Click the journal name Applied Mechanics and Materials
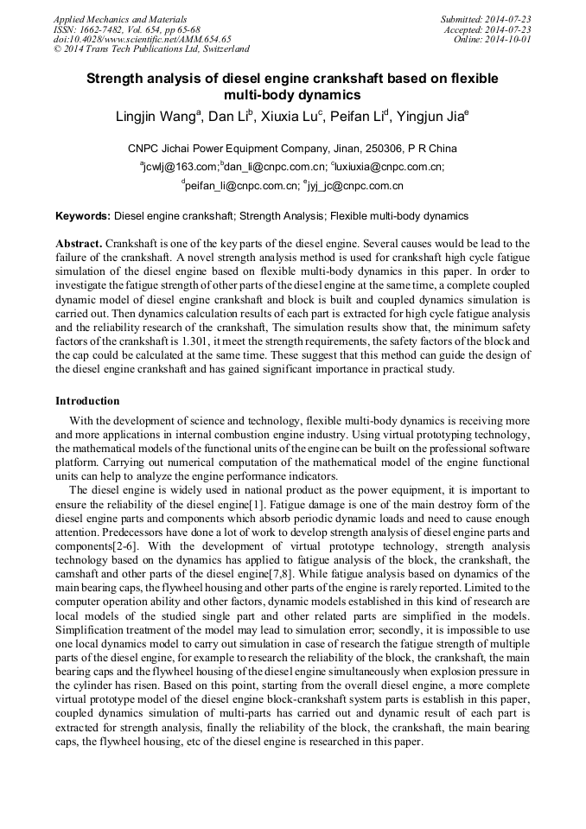[x=120, y=19]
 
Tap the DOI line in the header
[x=143, y=40]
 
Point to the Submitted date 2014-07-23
[x=486, y=19]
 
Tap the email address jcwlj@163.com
[x=181, y=167]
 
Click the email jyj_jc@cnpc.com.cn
[x=355, y=185]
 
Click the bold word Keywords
[x=83, y=216]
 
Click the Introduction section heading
[x=87, y=401]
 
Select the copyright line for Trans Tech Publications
[x=151, y=50]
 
